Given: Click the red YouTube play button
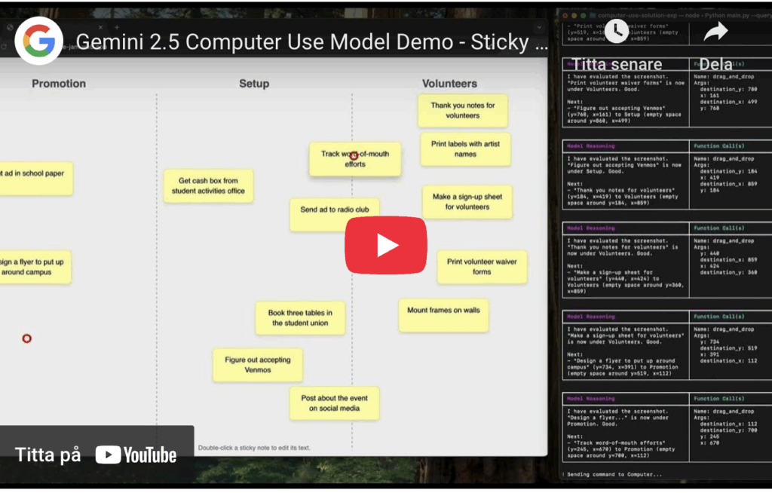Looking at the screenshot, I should tap(385, 245).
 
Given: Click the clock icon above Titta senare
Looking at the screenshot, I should tap(616, 31).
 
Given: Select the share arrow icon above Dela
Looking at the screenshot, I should tap(715, 31).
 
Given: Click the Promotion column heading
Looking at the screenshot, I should tap(59, 84).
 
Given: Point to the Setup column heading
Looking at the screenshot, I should tap(254, 84).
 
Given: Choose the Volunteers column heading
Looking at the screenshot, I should tap(449, 84).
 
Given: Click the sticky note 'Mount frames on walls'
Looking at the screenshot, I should tap(443, 315).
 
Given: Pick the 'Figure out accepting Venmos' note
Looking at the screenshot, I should tap(257, 365).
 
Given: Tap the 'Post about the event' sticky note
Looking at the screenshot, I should tap(334, 403).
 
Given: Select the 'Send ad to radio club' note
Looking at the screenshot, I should tap(334, 214).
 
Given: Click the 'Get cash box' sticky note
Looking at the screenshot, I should tap(208, 186).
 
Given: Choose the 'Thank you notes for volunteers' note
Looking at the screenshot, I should tap(462, 111).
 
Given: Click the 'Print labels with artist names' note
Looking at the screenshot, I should tap(465, 149).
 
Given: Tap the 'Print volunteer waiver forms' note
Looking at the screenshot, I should tap(482, 267).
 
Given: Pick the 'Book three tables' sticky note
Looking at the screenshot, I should tap(300, 318).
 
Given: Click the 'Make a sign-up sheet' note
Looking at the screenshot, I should tap(467, 202).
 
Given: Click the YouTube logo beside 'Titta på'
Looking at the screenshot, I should tap(136, 455).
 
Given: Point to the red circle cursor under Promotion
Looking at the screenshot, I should tap(27, 338).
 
